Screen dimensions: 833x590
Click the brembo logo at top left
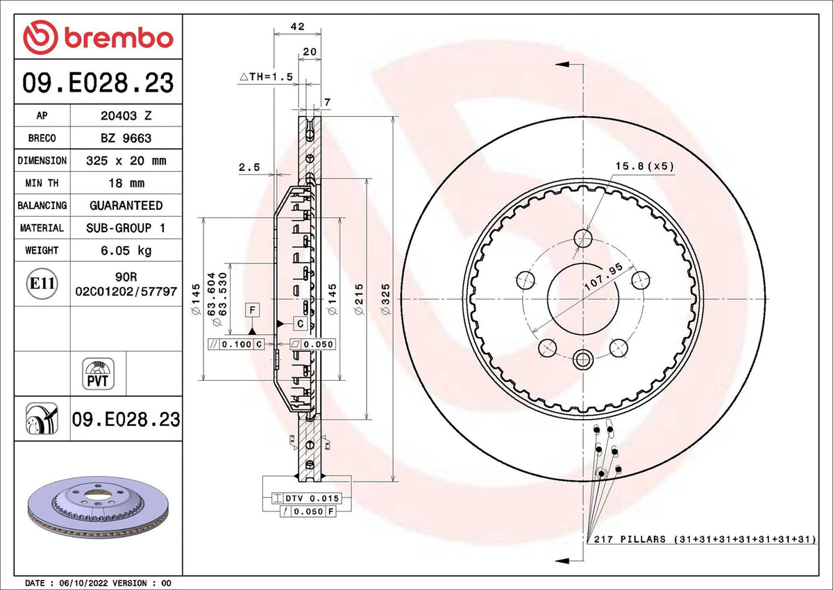pyautogui.click(x=98, y=38)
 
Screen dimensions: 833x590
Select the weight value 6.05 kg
pyautogui.click(x=126, y=250)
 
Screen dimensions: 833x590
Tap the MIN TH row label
pyautogui.click(x=42, y=183)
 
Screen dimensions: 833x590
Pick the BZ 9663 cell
pyautogui.click(x=126, y=138)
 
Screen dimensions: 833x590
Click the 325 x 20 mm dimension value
pyautogui.click(x=126, y=161)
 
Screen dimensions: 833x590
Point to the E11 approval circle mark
pyautogui.click(x=42, y=284)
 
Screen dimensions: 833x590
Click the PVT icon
pyautogui.click(x=98, y=374)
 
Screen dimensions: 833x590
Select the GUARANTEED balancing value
pyautogui.click(x=126, y=206)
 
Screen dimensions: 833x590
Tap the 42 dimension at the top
pyautogui.click(x=298, y=26)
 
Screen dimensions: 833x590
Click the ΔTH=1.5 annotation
pyautogui.click(x=267, y=76)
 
